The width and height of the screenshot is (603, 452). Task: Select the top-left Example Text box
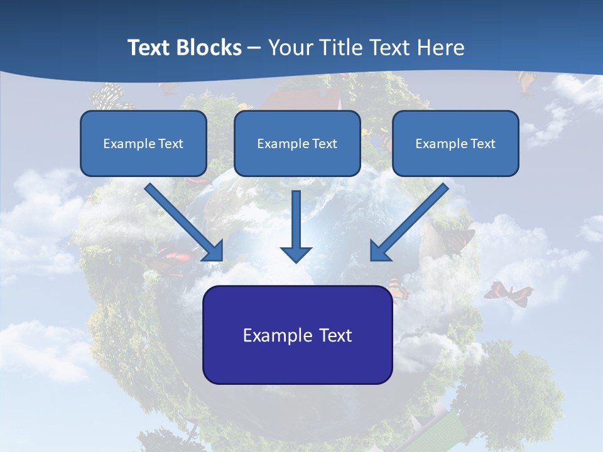click(143, 143)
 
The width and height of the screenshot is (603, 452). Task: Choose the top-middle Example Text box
click(297, 143)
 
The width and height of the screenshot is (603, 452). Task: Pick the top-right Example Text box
click(455, 143)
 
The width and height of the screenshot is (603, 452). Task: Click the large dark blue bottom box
click(297, 335)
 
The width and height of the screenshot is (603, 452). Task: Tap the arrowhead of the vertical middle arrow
click(296, 254)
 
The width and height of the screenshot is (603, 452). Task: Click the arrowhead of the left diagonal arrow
click(214, 251)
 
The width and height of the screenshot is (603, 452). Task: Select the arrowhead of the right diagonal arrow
click(380, 251)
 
